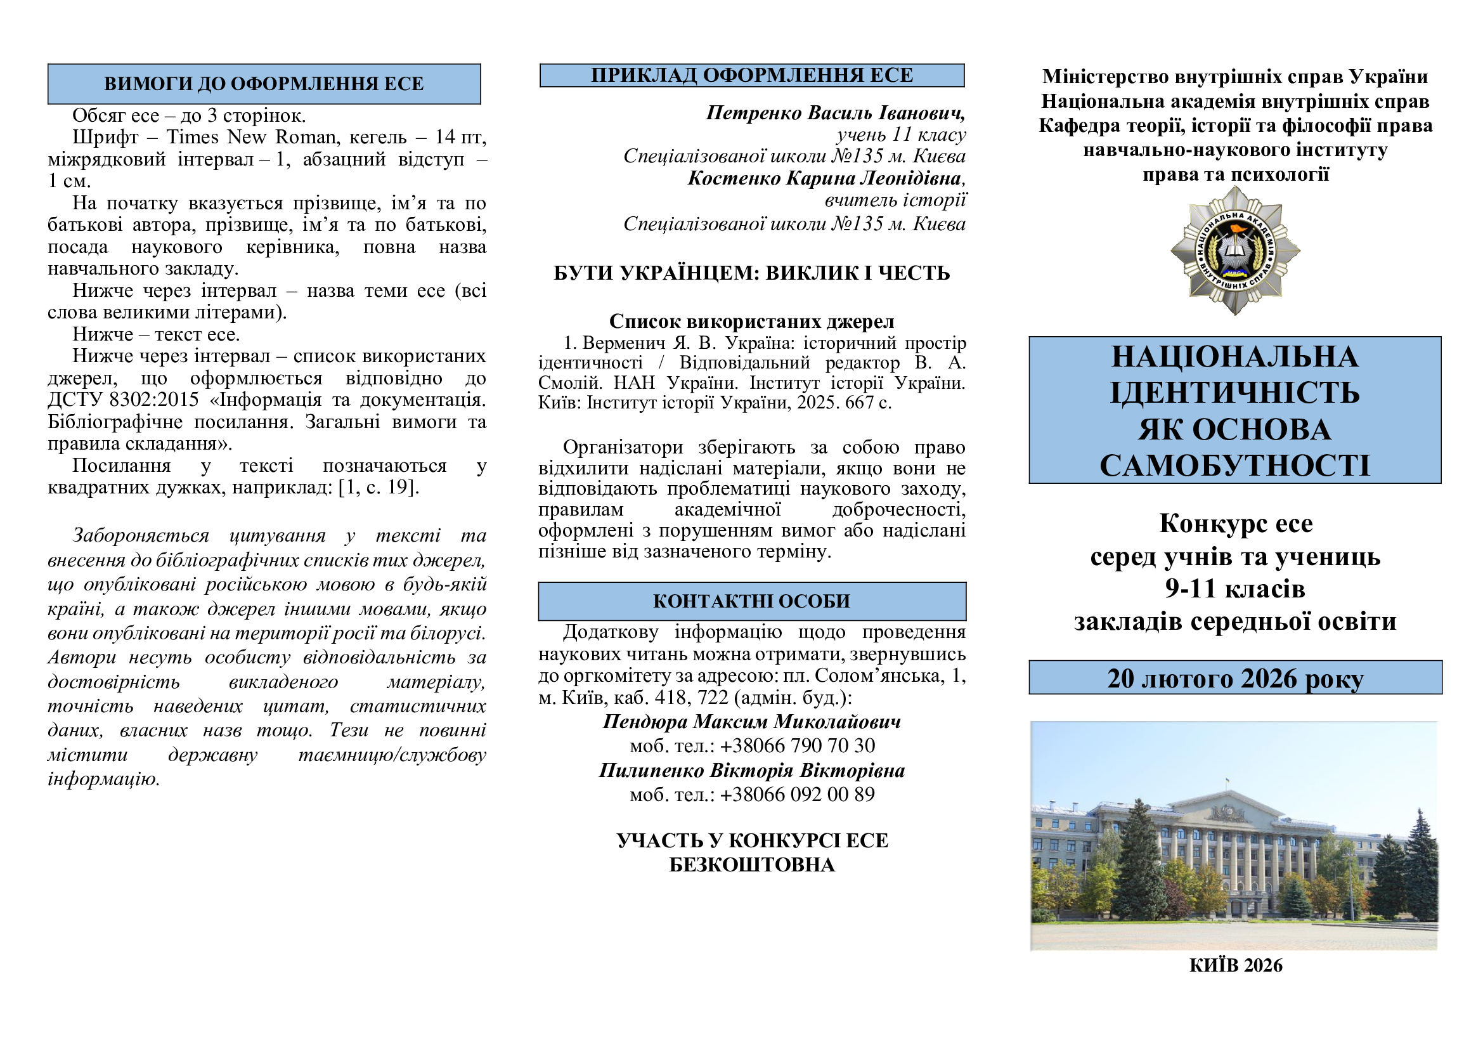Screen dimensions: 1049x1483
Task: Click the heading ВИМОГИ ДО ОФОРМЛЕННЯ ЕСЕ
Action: pos(264,84)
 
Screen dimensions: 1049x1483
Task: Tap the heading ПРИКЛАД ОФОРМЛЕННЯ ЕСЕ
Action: pos(752,75)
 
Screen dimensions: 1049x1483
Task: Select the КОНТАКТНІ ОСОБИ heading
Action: pos(752,601)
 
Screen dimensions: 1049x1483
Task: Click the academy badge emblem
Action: pos(1235,251)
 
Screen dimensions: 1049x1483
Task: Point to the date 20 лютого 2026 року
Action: pos(1235,678)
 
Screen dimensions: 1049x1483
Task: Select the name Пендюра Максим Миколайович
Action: pos(752,722)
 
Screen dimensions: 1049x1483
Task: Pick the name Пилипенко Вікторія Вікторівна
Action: pos(752,771)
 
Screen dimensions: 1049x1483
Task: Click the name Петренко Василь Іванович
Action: pos(835,113)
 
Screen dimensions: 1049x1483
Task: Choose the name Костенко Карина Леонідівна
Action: pos(826,178)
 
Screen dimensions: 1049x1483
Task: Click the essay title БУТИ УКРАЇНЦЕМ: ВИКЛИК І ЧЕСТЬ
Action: pos(752,273)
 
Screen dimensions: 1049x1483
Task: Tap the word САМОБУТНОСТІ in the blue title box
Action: pos(1235,466)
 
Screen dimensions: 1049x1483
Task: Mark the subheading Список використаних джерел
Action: pos(752,322)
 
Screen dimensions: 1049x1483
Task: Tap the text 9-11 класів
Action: pos(1235,589)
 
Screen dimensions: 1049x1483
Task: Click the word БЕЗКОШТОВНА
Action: pos(752,866)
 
